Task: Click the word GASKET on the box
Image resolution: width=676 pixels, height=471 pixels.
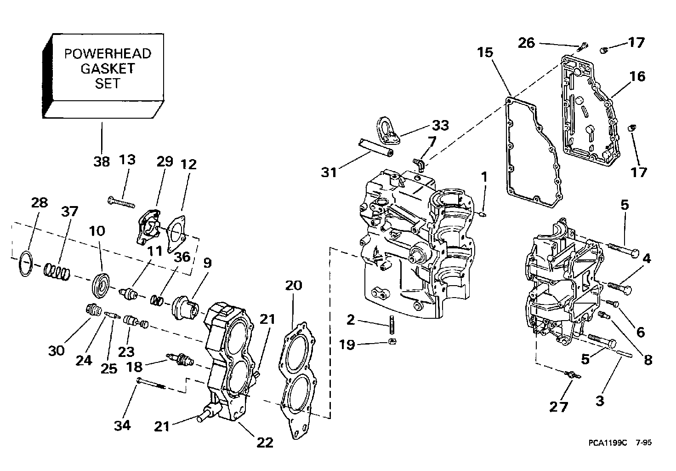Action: click(108, 69)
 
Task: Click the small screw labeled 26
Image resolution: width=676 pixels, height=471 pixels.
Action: click(583, 45)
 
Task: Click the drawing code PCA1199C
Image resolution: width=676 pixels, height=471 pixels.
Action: click(607, 443)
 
